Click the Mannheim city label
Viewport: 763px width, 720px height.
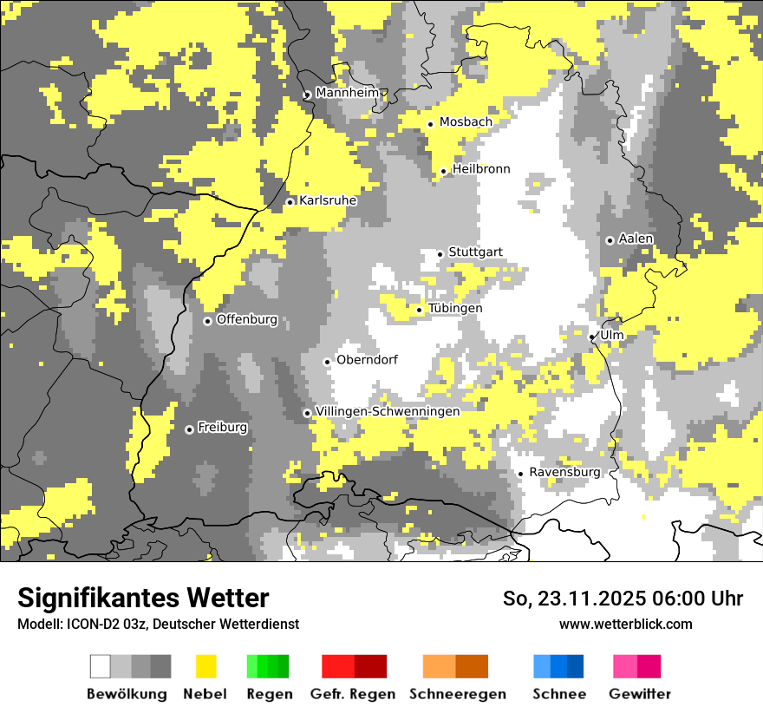pos(348,93)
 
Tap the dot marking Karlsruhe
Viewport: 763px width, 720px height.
pos(290,202)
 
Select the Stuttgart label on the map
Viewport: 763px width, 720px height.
pos(475,252)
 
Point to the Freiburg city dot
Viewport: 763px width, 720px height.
pos(189,429)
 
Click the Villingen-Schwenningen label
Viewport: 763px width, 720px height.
pos(388,411)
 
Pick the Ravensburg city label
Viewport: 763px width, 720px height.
pos(564,472)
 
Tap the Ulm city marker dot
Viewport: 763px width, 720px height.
pos(591,337)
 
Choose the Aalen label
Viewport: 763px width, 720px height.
pos(636,239)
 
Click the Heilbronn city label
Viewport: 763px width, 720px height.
pos(481,169)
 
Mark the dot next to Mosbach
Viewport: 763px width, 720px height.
pos(430,124)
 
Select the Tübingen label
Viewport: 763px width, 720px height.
pos(455,309)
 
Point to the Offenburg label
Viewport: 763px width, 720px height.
pos(247,319)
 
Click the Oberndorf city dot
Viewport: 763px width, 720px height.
pos(327,362)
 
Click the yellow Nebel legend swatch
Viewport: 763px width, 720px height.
pos(205,666)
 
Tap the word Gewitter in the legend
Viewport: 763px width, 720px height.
pos(640,694)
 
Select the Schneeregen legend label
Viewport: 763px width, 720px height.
pos(458,694)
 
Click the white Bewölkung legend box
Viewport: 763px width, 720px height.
pos(101,666)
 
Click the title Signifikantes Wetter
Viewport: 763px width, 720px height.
pos(143,598)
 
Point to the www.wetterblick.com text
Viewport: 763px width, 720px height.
pos(625,624)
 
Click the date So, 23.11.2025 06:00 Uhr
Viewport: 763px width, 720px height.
pos(623,599)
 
